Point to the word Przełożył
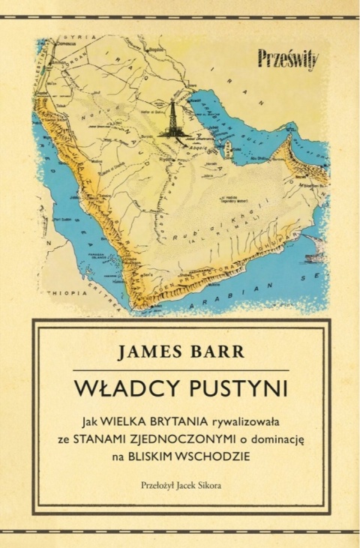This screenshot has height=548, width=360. (157, 484)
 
